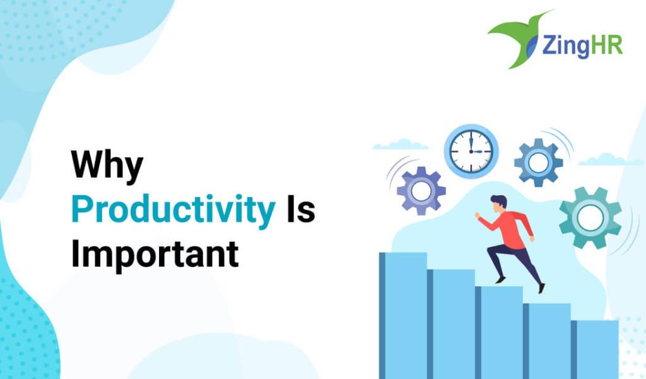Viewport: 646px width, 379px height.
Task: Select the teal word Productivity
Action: pos(173,210)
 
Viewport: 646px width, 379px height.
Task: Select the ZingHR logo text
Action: pos(582,45)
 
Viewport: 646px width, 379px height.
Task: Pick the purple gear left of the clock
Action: pos(421,191)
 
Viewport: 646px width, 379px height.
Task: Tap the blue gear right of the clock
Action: pos(539,162)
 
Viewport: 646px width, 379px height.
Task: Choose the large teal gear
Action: pos(590,218)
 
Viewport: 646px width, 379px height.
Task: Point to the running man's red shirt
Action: pos(509,228)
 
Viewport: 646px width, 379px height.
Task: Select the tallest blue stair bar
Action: pos(403,315)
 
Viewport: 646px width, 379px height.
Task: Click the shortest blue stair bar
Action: pos(594,350)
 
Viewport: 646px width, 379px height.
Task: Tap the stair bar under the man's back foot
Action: pos(547,342)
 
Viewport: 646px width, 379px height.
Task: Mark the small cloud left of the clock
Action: pos(400,145)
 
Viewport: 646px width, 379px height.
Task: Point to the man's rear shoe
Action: pos(541,288)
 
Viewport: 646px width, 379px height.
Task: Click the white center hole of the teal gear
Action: pos(590,218)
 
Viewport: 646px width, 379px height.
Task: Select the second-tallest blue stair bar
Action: pos(450,324)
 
